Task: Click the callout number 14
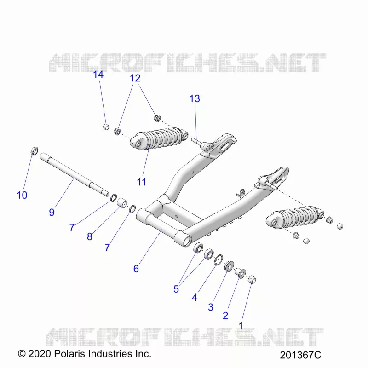98,75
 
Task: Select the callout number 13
195,98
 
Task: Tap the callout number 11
141,182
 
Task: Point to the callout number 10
22,195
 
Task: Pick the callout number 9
52,212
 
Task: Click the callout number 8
89,236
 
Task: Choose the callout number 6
136,269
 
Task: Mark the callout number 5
176,289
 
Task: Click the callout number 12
135,78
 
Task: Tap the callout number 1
241,326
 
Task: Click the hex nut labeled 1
252,279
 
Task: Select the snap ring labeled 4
219,260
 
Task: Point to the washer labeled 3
228,266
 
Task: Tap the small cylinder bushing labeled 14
106,127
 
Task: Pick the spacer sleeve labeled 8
122,202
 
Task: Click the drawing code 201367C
300,355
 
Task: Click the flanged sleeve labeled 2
241,272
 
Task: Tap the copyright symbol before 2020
22,354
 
